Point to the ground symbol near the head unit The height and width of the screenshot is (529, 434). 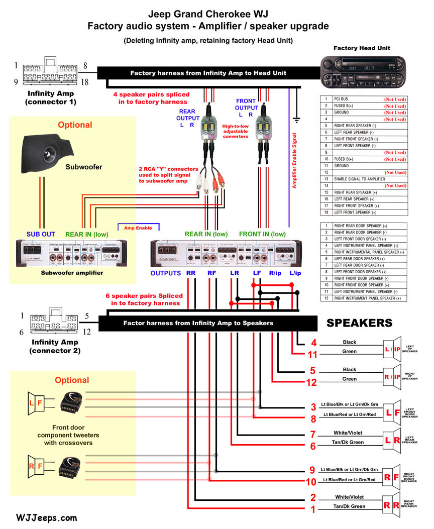point(296,120)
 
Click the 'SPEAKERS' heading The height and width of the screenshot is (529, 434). point(359,323)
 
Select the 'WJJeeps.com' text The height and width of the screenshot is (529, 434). point(47,517)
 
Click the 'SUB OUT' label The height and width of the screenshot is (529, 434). point(41,234)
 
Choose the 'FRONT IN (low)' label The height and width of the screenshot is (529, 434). point(262,234)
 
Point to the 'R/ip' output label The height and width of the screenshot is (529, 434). point(275,273)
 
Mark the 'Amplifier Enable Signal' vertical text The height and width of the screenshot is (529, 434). point(294,161)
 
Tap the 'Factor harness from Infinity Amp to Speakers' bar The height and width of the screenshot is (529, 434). point(198,323)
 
